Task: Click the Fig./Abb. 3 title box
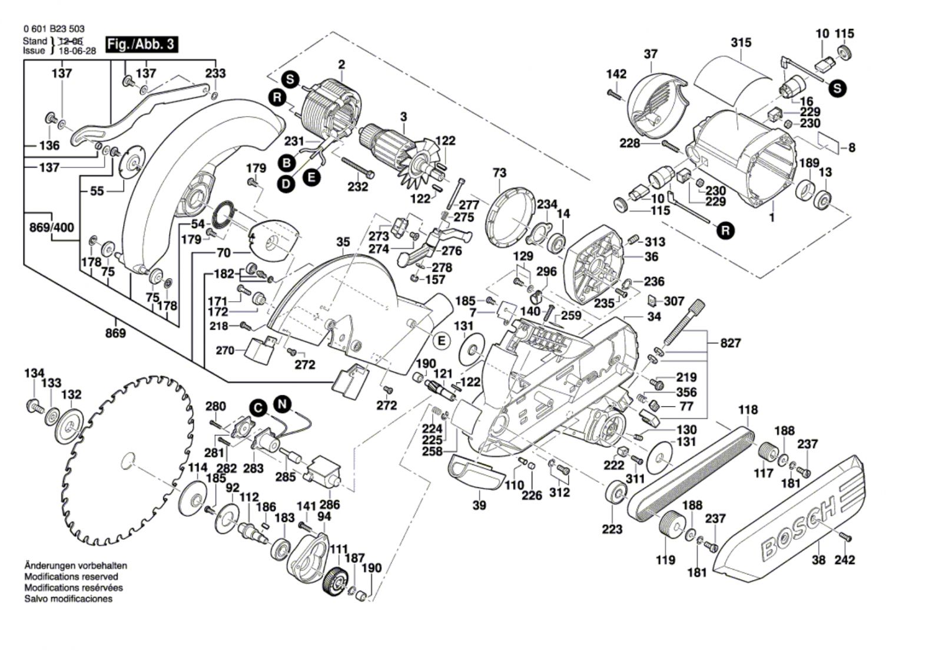pos(141,44)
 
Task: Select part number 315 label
pos(741,42)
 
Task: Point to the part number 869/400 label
pos(52,227)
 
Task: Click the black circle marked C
pos(257,407)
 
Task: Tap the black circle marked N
pos(283,405)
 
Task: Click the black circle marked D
pos(286,184)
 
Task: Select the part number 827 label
pos(730,343)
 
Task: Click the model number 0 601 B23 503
pos(54,28)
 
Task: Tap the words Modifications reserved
pos(71,577)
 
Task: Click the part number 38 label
pos(818,560)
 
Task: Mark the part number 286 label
pos(330,504)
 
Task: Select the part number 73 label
pos(499,173)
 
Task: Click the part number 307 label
pos(674,301)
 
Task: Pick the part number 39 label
pos(479,505)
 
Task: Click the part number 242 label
pos(844,560)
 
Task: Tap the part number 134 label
pos(34,373)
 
